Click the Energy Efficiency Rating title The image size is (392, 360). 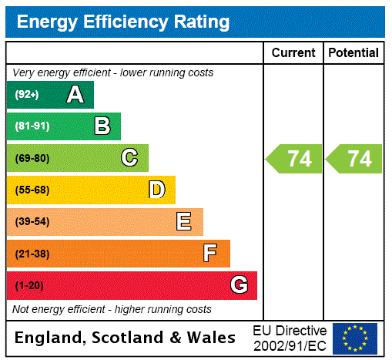[x=123, y=22]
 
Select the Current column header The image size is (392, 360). [x=293, y=53]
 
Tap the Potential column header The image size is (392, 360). [x=353, y=53]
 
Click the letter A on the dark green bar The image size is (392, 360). [x=75, y=95]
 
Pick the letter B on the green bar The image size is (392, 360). [x=102, y=126]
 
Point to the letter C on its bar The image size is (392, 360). [x=129, y=158]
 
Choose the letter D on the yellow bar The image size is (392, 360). [x=156, y=190]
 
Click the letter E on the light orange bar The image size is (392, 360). [x=184, y=222]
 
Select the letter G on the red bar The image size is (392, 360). [x=239, y=285]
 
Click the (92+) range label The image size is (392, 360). [x=27, y=95]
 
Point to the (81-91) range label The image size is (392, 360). [x=32, y=126]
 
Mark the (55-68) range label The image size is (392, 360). [x=32, y=190]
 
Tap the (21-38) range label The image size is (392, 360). [x=32, y=254]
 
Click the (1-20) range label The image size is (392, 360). [x=29, y=285]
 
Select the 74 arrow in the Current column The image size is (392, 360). [x=295, y=159]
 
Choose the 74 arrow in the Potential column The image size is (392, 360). [x=355, y=159]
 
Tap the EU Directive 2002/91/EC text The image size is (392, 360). [x=290, y=338]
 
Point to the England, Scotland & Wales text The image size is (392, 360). [x=126, y=338]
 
